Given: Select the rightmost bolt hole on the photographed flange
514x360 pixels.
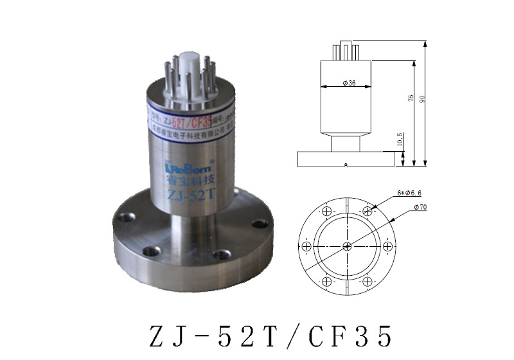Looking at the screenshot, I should click(x=260, y=224).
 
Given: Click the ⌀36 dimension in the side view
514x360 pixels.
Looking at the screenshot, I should click(x=349, y=84).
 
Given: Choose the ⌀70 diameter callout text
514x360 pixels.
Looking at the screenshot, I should click(x=421, y=206).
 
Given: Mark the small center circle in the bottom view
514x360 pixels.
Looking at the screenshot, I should click(x=347, y=246).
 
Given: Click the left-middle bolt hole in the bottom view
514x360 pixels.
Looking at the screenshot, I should click(x=307, y=246).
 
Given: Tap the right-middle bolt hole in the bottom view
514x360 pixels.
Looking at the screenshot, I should click(x=387, y=246).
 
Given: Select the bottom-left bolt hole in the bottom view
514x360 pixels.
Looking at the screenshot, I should click(x=327, y=281).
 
